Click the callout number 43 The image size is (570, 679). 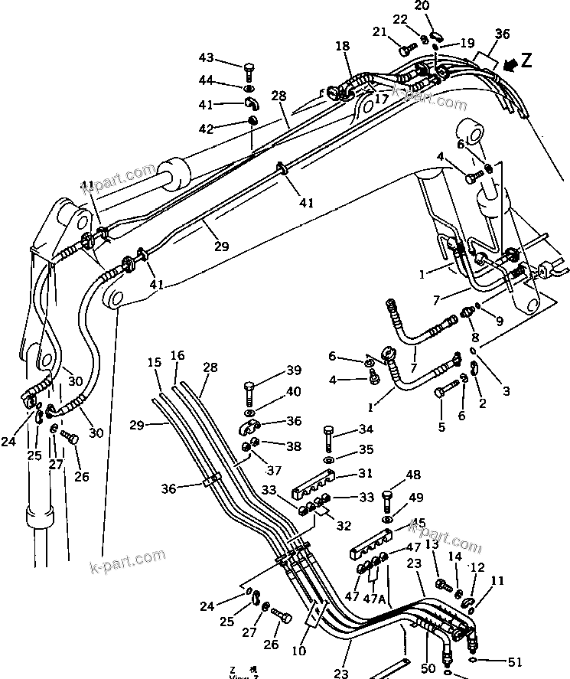point(207,58)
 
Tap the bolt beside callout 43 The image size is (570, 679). point(249,73)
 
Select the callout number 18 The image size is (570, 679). point(342,47)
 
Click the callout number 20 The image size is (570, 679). point(443,6)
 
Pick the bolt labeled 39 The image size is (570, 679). point(249,393)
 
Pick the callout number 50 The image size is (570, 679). point(428,668)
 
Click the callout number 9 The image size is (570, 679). point(499,322)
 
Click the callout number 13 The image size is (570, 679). point(432,544)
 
